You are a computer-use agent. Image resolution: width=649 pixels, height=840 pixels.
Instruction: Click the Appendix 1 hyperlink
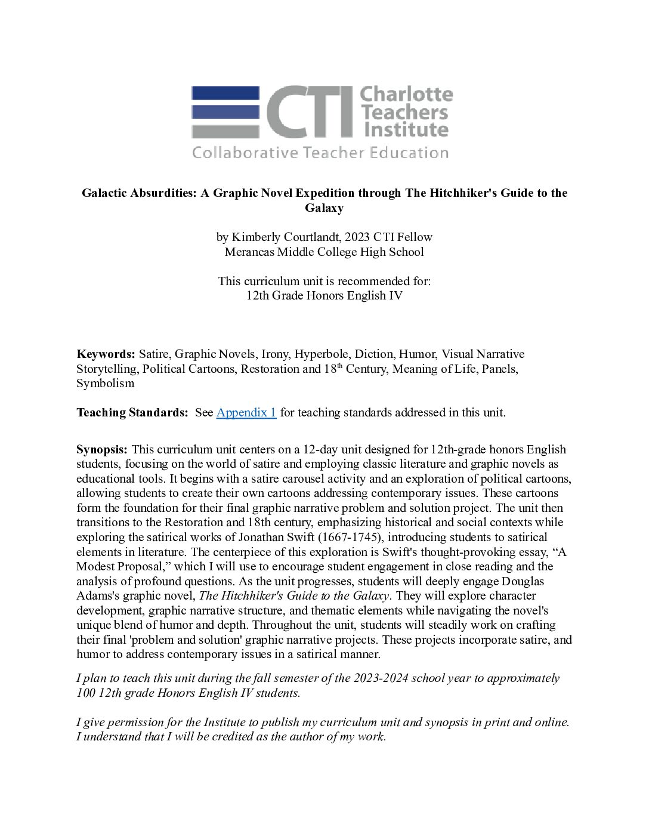coord(246,412)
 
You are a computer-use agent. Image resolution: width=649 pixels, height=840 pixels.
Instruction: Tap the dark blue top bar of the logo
coord(225,92)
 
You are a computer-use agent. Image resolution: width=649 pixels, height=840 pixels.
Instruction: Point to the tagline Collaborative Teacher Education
coord(320,153)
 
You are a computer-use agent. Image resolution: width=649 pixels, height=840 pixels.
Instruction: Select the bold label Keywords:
coord(106,354)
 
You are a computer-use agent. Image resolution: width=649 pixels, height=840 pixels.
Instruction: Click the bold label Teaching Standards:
coord(132,412)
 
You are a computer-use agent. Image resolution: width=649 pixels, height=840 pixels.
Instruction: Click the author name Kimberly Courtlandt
coord(285,237)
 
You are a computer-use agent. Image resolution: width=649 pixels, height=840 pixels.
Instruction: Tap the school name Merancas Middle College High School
coord(324,252)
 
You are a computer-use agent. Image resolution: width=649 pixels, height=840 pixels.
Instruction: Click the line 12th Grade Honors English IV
coord(324,295)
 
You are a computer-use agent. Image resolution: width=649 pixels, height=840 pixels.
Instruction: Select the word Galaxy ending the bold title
coord(324,208)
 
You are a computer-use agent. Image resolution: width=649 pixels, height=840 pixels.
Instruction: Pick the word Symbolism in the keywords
coord(105,383)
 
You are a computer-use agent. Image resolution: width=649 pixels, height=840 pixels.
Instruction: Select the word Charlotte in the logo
coord(407,94)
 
